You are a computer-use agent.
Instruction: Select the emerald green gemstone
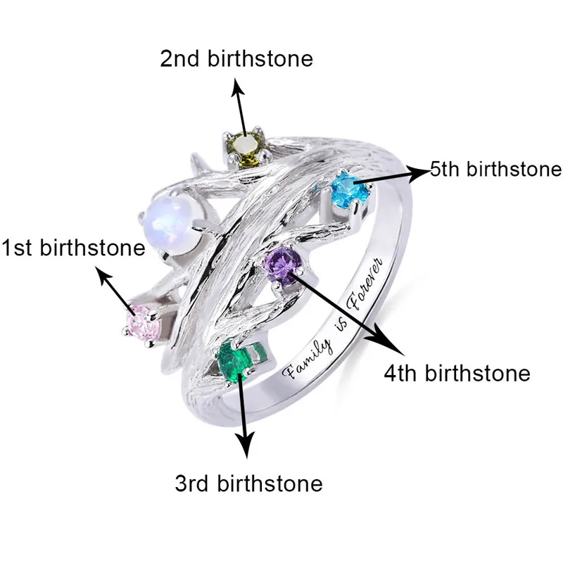tap(235, 360)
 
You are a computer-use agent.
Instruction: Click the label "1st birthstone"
tap(72, 248)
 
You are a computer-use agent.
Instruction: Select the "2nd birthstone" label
tap(236, 58)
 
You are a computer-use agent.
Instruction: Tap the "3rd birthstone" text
tap(248, 484)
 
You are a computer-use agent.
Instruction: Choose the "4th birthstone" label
tap(457, 372)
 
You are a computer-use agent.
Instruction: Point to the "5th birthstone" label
tap(495, 169)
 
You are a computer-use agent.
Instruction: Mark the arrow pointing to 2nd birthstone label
tap(241, 106)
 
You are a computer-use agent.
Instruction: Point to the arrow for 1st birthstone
tap(118, 291)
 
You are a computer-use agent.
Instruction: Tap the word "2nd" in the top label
tap(181, 58)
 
